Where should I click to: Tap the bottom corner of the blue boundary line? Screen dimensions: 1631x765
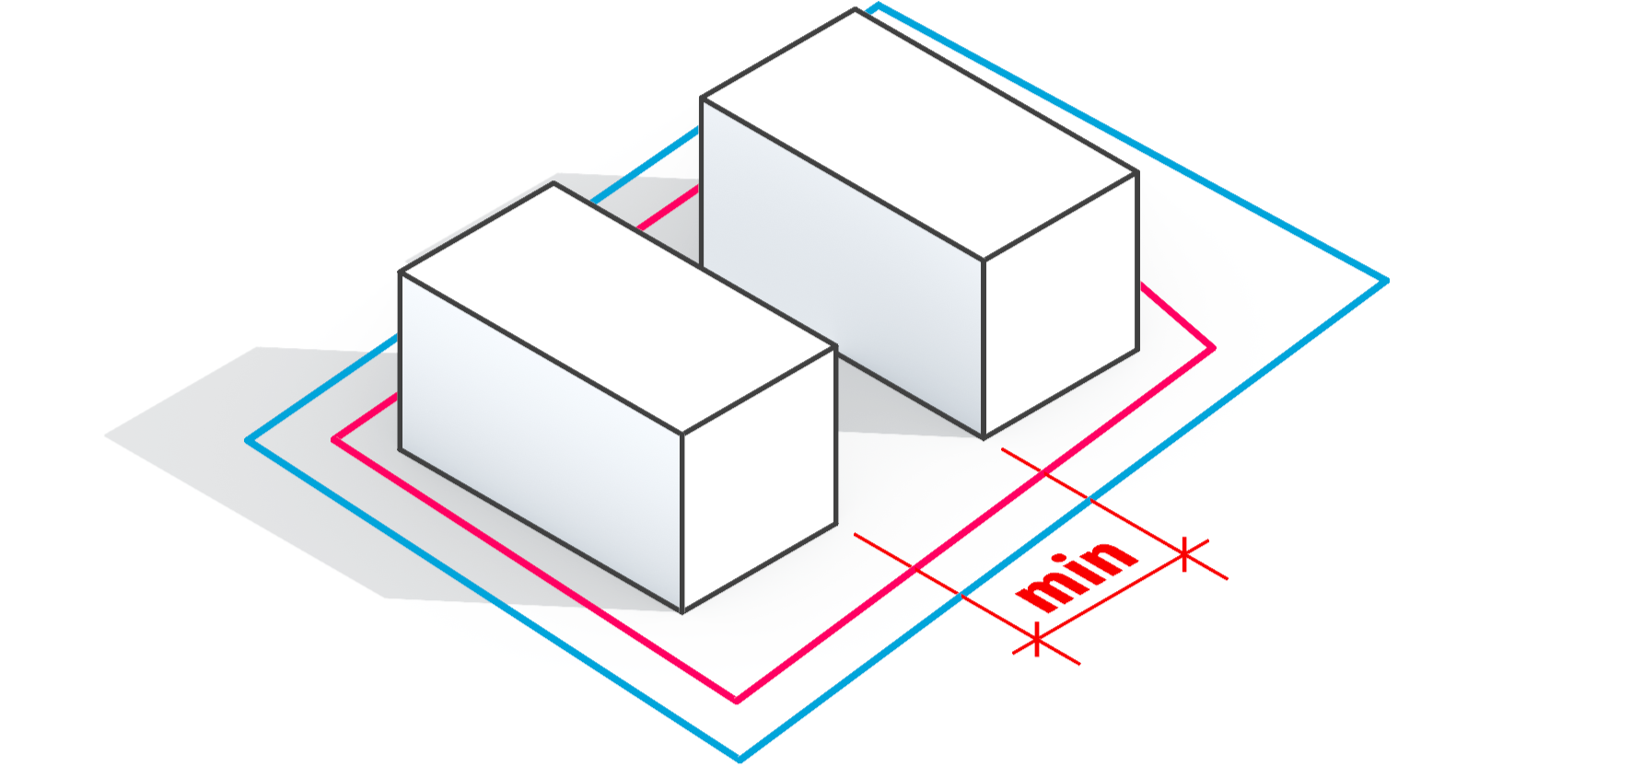[x=740, y=759]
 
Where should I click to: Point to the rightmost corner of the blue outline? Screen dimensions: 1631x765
[x=1386, y=281]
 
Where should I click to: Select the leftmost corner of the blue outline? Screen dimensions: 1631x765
[x=247, y=440]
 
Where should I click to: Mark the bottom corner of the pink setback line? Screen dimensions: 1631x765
[x=737, y=701]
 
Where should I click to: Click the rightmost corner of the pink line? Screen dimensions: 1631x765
[x=1214, y=348]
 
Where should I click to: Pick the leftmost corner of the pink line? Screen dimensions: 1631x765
[x=334, y=440]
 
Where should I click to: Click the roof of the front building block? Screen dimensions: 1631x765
[x=617, y=308]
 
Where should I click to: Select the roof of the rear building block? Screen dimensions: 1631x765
[x=919, y=134]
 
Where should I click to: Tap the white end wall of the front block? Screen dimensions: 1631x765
[x=759, y=479]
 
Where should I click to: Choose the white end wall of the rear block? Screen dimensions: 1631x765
[x=1060, y=304]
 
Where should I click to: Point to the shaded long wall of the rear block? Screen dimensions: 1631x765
[x=842, y=267]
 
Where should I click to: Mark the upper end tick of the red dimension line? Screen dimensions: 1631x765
[x=1185, y=553]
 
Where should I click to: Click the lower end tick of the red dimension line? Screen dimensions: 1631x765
[x=1037, y=639]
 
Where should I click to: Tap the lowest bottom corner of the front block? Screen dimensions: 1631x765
[x=682, y=612]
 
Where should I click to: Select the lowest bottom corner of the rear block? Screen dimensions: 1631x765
[x=984, y=438]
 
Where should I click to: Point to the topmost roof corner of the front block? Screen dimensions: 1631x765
[x=553, y=183]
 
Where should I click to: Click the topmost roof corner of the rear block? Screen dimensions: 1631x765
[x=856, y=9]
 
